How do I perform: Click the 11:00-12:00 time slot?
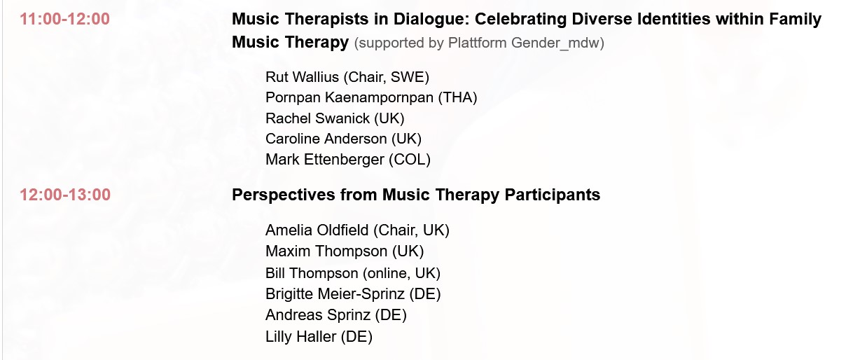click(x=65, y=19)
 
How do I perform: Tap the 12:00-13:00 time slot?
click(x=65, y=195)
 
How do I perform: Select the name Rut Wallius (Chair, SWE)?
click(x=347, y=77)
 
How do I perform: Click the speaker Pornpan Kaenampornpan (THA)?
click(x=371, y=97)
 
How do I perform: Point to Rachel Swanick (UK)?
click(x=335, y=118)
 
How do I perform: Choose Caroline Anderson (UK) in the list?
click(x=343, y=139)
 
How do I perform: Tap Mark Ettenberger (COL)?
click(x=348, y=160)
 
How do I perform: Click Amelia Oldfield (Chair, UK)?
click(x=357, y=230)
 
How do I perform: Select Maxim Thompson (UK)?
click(x=345, y=251)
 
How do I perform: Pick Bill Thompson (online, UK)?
click(x=353, y=273)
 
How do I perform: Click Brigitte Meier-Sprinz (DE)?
click(x=353, y=294)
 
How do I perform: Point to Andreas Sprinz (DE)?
click(x=336, y=315)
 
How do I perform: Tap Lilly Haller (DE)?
click(x=319, y=337)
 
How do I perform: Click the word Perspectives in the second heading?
click(x=284, y=195)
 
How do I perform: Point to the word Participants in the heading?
click(x=552, y=195)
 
